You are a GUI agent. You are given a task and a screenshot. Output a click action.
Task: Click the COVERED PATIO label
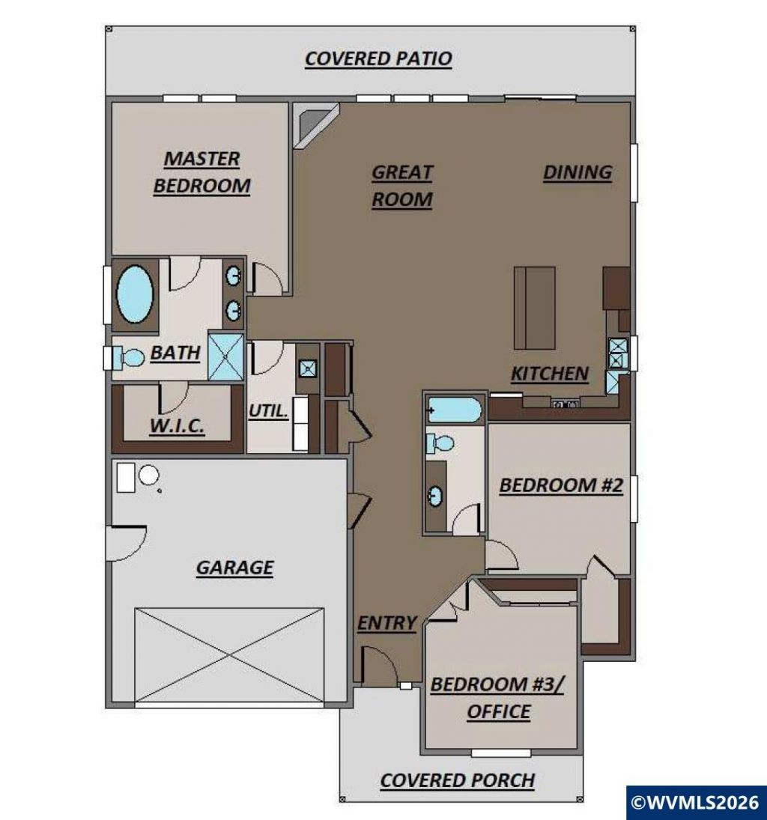[378, 58]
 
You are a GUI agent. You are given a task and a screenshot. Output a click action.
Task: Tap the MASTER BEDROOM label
[202, 172]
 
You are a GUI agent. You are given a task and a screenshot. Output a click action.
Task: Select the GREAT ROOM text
[401, 186]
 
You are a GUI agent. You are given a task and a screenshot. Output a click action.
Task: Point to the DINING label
[577, 172]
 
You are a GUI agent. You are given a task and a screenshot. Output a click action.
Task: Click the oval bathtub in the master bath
[135, 294]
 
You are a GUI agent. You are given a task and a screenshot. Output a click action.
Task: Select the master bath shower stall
[226, 356]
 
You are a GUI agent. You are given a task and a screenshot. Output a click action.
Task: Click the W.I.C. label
[177, 425]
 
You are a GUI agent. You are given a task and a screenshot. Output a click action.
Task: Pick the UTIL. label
[268, 411]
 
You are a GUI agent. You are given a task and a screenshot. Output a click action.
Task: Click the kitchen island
[534, 308]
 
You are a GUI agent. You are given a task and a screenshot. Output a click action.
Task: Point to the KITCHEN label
[549, 374]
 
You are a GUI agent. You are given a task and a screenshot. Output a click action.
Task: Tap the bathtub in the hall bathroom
[454, 410]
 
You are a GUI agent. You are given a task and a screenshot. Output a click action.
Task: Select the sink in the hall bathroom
[434, 496]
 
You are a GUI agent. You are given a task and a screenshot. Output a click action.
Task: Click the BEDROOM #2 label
[561, 485]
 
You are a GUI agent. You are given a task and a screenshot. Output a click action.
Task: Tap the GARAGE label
[234, 568]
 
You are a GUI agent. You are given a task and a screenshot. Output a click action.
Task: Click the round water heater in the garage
[148, 476]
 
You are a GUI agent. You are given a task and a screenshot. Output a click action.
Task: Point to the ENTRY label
[386, 623]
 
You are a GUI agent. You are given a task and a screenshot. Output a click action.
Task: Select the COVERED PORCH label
[457, 780]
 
